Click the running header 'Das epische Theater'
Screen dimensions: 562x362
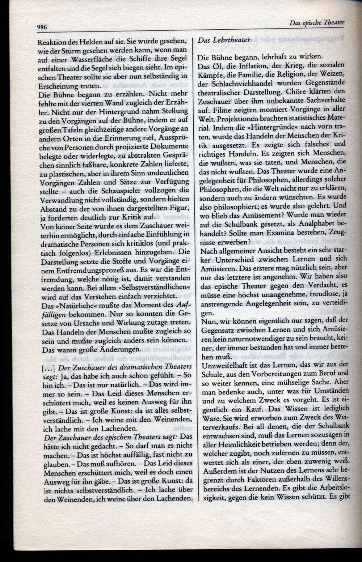317,22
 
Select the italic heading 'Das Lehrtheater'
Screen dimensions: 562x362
224,40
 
